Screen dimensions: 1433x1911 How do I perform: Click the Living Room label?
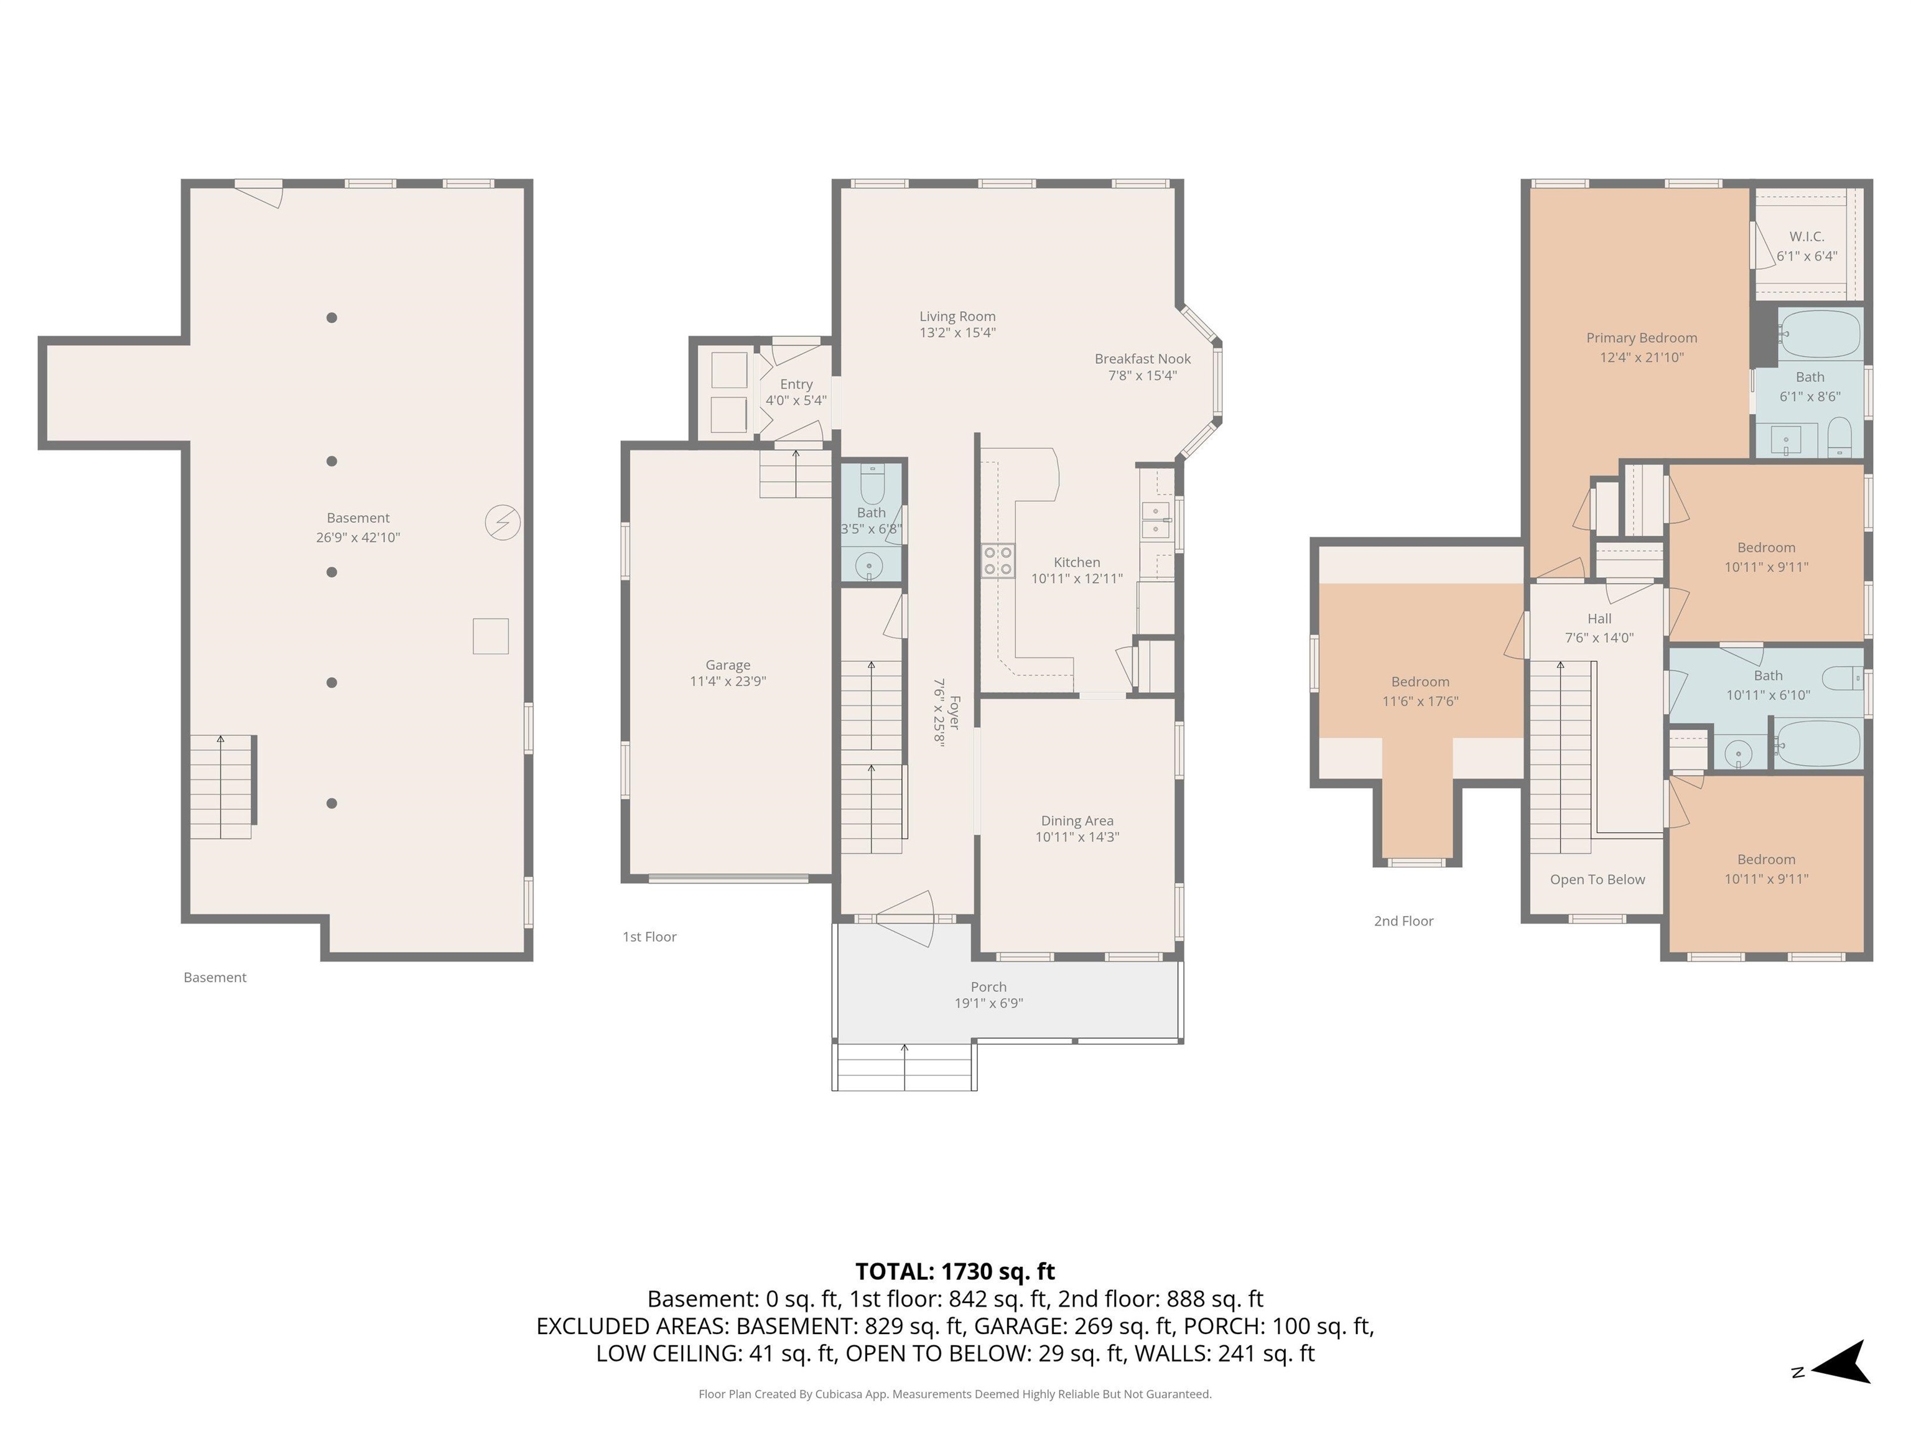point(957,316)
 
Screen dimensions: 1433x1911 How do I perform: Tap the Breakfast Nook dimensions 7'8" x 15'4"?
point(1142,375)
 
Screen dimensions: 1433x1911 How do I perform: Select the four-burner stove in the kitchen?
point(998,560)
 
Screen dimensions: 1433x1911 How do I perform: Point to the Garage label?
point(727,665)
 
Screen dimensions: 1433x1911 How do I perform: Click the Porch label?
point(988,986)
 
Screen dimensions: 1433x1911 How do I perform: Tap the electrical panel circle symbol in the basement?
point(503,522)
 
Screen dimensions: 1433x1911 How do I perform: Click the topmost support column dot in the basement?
point(332,318)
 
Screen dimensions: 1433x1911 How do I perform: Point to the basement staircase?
point(222,787)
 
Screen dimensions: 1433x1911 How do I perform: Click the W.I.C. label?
point(1806,236)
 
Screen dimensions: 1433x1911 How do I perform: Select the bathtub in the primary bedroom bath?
point(1820,335)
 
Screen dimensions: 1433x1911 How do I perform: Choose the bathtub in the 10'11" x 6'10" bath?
point(1818,744)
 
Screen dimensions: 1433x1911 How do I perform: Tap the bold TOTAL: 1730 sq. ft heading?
point(955,1271)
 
